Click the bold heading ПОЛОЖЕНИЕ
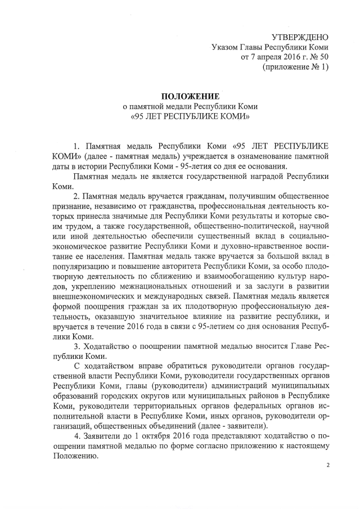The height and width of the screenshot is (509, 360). click(188, 96)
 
